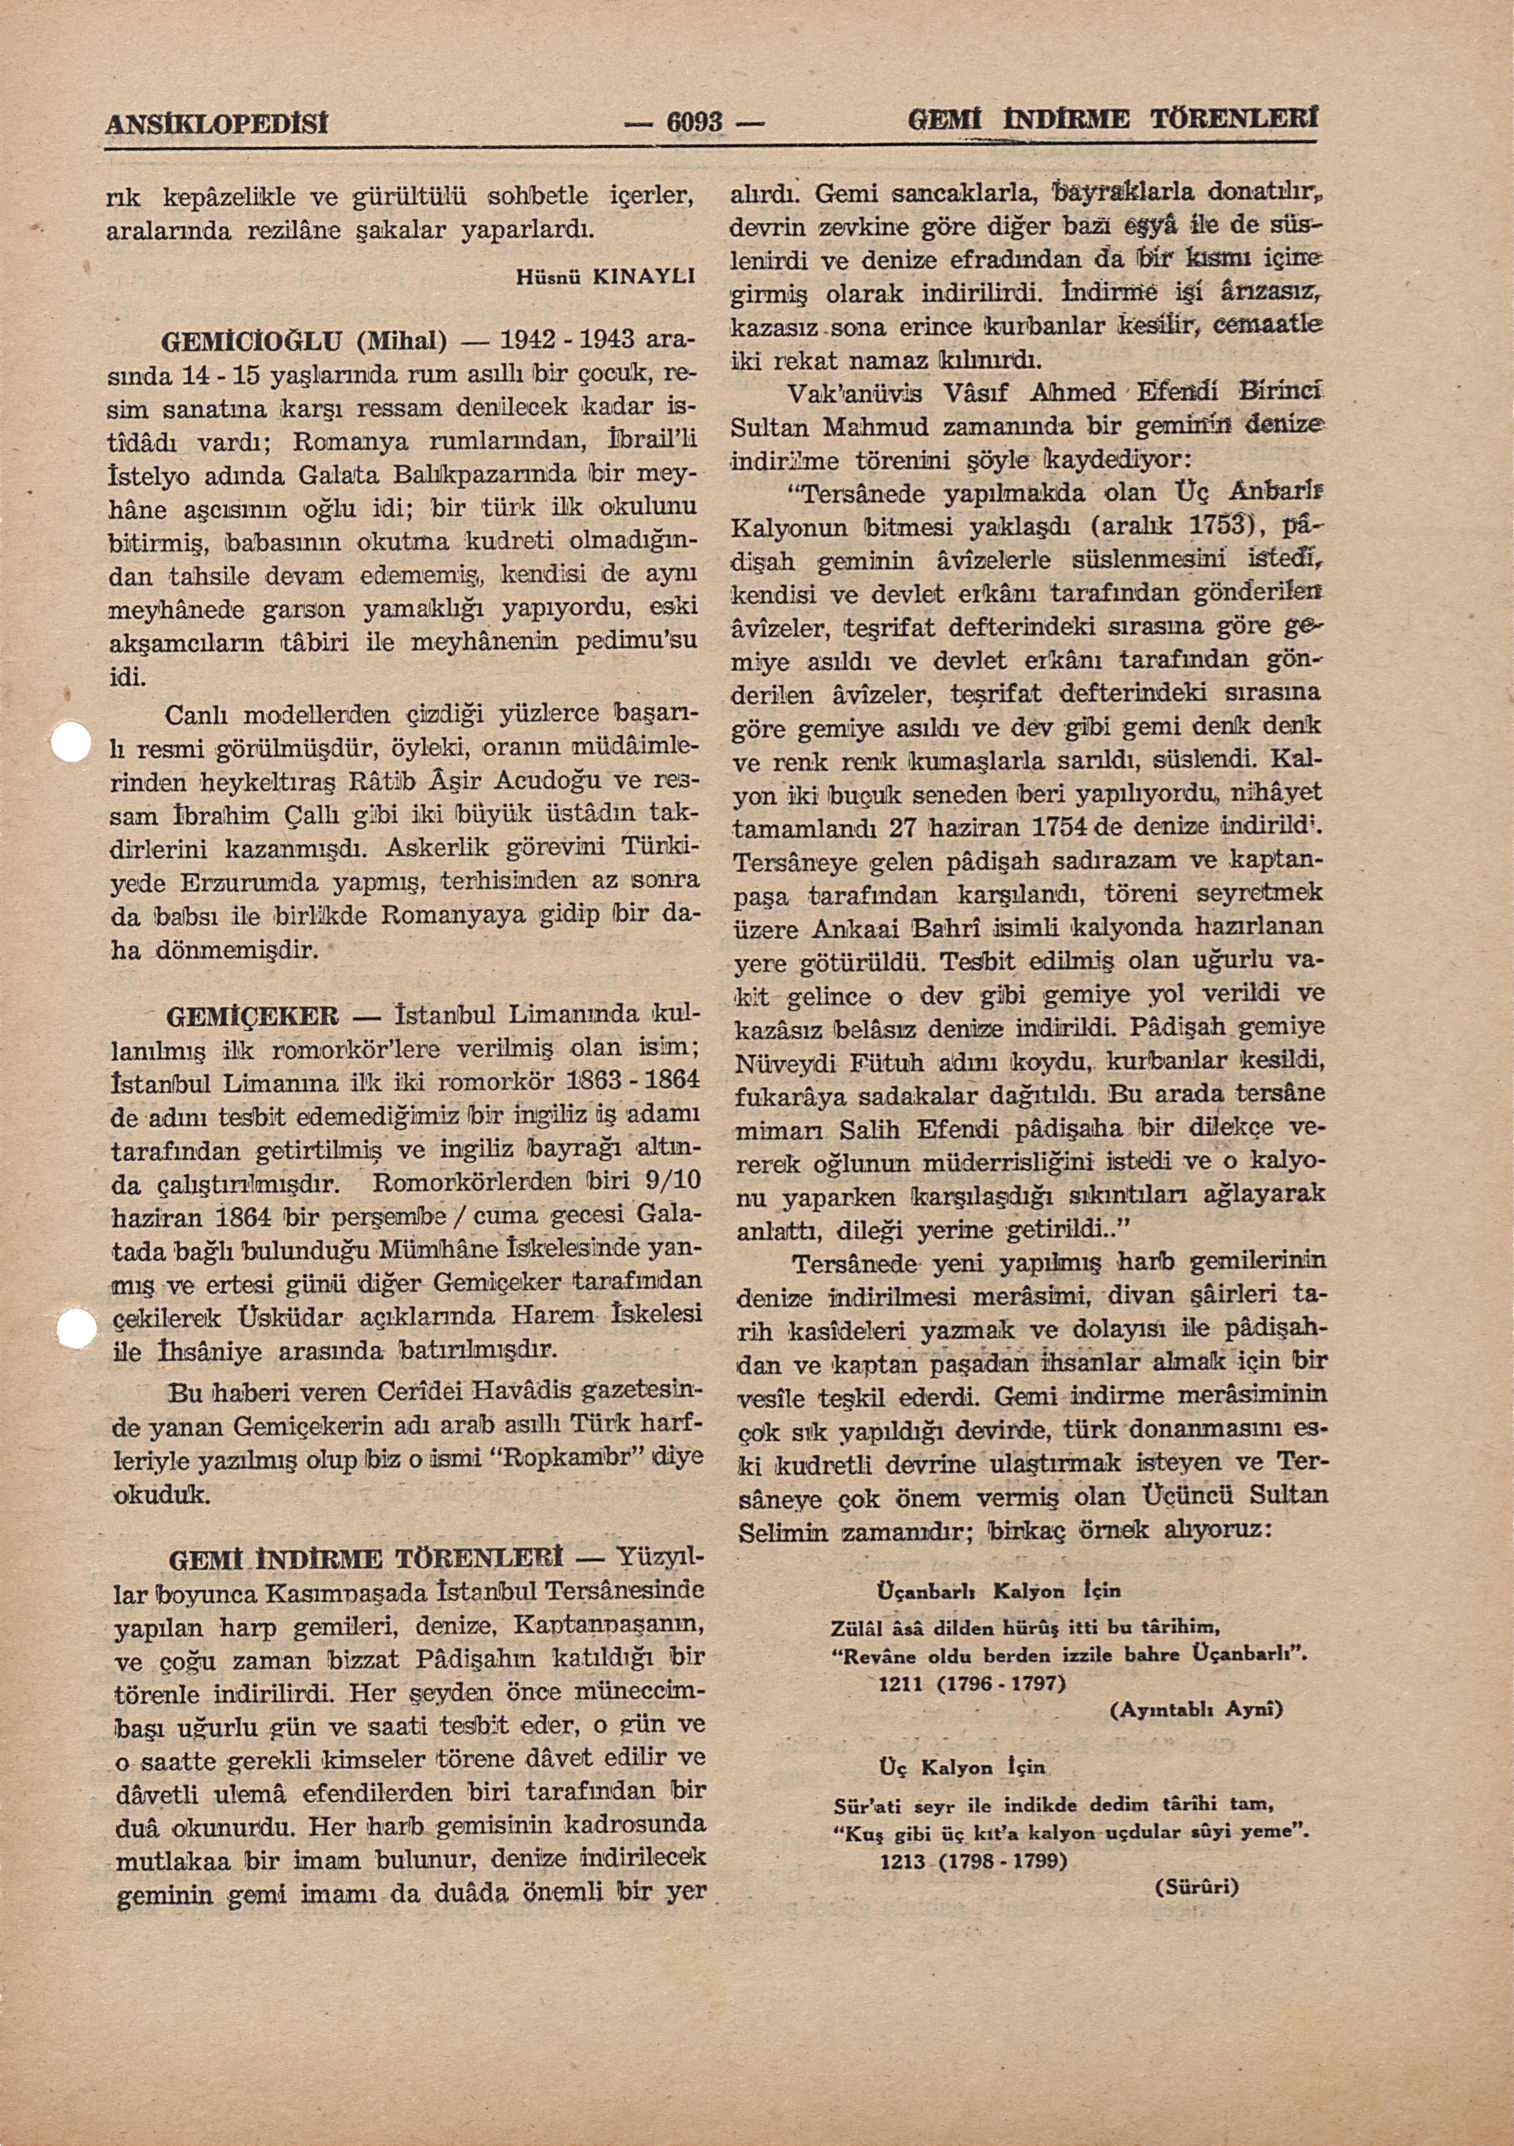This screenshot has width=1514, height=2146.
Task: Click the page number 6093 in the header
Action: click(692, 121)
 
